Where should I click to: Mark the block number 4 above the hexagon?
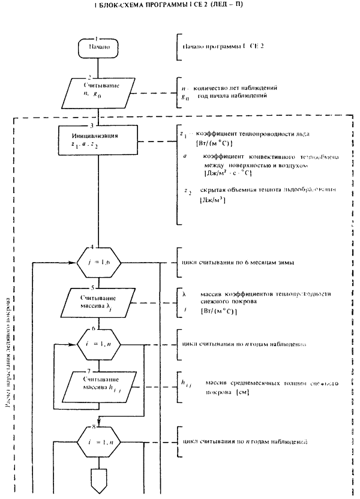pyautogui.click(x=91, y=247)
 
